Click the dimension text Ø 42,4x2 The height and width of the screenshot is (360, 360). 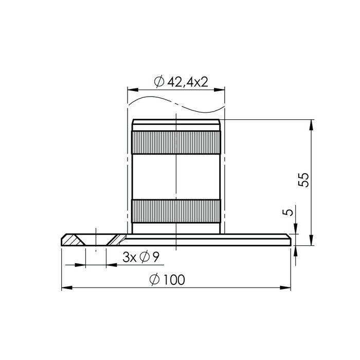coord(181,82)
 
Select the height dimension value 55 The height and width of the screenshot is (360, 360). coord(304,180)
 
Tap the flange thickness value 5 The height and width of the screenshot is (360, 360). coord(288,212)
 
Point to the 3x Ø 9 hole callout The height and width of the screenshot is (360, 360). coord(141,257)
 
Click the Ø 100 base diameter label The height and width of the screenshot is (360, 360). coord(167,279)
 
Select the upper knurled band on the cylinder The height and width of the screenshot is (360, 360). coord(176,142)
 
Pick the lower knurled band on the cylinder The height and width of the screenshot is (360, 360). coord(176,211)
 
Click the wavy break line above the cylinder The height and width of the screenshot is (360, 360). coord(176,104)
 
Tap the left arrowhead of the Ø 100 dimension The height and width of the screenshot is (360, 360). coord(67,287)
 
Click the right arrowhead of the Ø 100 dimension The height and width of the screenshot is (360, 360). coord(285,287)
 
